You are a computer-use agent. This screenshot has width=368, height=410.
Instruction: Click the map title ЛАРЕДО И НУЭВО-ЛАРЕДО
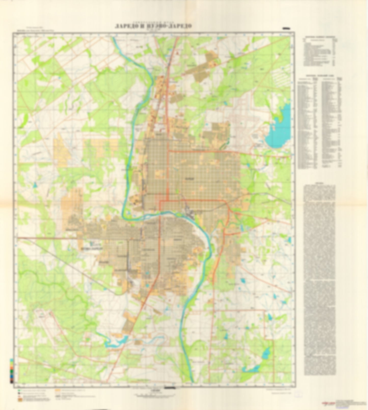click(x=153, y=26)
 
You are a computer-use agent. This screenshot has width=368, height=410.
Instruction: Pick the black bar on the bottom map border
click(x=170, y=387)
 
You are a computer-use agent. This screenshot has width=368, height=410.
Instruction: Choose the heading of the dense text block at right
click(x=319, y=183)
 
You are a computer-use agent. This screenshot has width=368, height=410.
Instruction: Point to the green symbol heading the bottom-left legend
click(x=19, y=390)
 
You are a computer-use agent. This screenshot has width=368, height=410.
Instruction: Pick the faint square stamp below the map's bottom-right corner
click(x=298, y=394)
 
